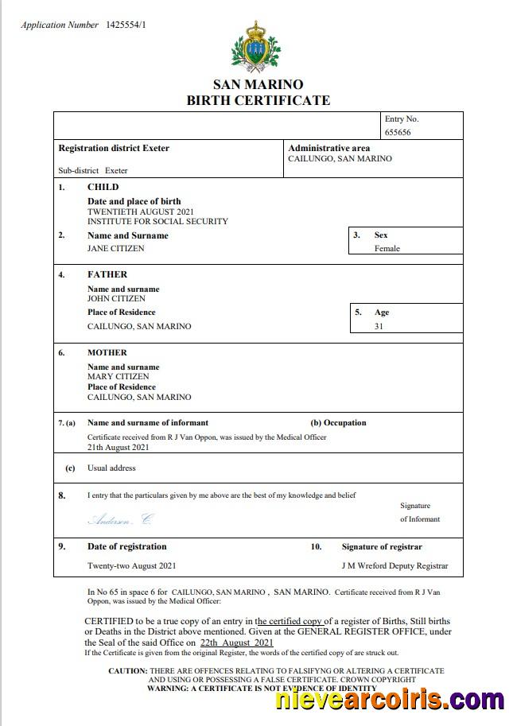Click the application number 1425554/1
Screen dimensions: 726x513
coord(126,25)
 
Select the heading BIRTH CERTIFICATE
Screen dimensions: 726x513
coord(258,100)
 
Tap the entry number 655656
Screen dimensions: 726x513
coord(398,133)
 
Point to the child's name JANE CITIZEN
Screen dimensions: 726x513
coord(116,248)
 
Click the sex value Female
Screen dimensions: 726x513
coord(387,248)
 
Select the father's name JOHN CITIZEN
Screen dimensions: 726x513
coord(117,298)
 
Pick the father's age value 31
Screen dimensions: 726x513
coord(379,326)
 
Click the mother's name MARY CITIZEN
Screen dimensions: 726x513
coord(119,376)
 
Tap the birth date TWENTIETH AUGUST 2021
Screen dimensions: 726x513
coord(140,212)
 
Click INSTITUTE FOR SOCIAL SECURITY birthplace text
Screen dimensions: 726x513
coord(157,221)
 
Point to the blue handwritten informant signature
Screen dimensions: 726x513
coord(120,519)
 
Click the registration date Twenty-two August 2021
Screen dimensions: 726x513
coord(131,565)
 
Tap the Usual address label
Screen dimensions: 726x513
coord(111,468)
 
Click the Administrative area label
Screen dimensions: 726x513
coord(329,148)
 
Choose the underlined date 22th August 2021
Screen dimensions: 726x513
coord(236,642)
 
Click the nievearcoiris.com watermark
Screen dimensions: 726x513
coord(389,700)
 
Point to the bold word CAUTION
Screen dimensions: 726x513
coord(127,671)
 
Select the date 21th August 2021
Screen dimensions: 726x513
coord(118,447)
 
